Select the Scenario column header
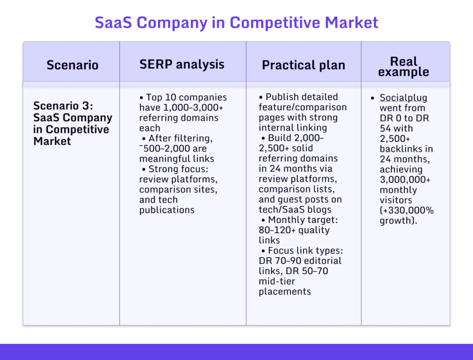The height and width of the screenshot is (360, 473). click(x=73, y=65)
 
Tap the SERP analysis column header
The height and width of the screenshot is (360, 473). click(x=182, y=64)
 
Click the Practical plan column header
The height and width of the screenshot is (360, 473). click(x=303, y=65)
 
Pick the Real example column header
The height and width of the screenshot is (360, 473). click(x=404, y=66)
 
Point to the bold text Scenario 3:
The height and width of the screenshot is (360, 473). click(x=63, y=106)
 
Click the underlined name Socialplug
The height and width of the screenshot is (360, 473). click(x=403, y=98)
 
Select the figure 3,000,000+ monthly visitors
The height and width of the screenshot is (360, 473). click(x=405, y=180)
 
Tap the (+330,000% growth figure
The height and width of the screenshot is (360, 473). click(x=406, y=210)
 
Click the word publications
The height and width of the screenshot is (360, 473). click(x=167, y=210)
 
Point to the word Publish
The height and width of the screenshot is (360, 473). click(x=283, y=97)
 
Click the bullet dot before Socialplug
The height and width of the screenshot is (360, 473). click(x=373, y=98)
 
